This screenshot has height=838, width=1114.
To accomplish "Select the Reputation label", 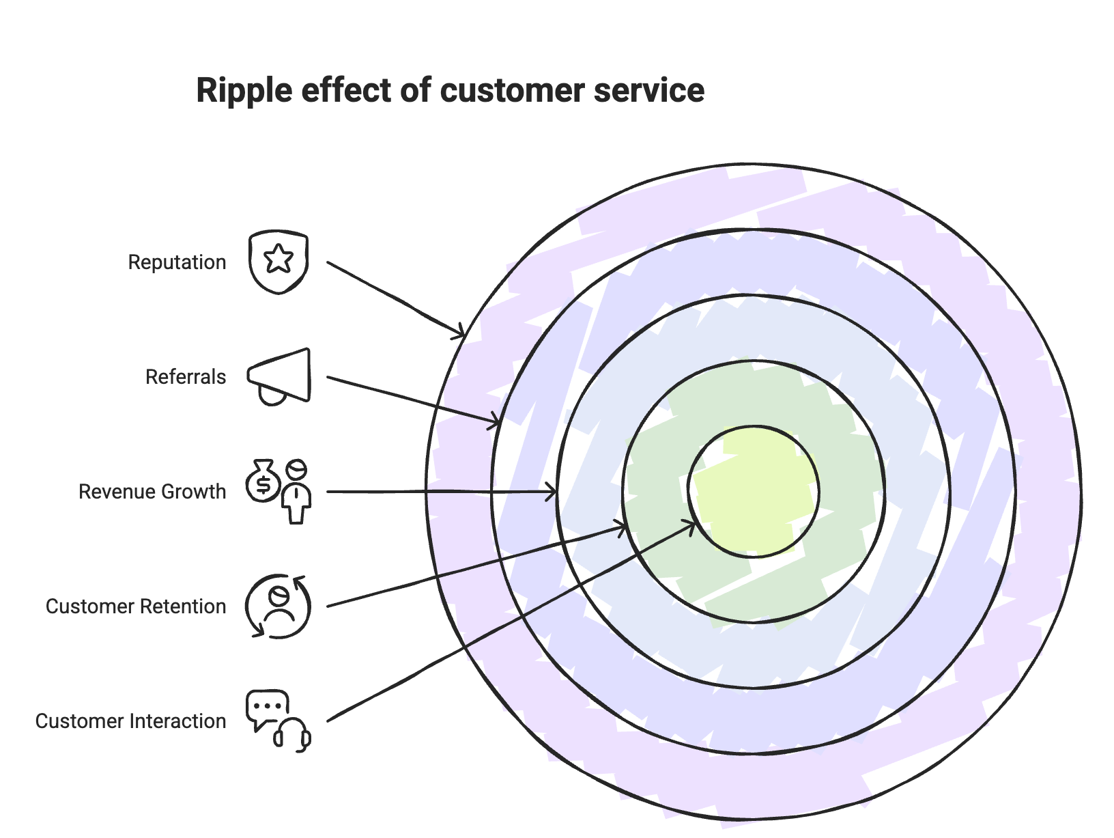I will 177,262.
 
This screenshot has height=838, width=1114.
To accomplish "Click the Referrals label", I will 186,377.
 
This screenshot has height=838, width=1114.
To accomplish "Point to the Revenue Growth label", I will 152,492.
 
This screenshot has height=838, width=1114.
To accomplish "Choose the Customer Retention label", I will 136,606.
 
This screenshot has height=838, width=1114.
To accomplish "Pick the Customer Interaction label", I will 130,721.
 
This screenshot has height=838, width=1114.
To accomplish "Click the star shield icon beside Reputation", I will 278,263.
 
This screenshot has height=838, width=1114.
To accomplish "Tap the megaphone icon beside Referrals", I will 279,376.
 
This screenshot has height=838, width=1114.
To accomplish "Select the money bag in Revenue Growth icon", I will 263,481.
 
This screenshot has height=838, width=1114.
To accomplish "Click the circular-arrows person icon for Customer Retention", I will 278,606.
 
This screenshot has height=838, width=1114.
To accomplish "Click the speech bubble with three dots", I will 267,707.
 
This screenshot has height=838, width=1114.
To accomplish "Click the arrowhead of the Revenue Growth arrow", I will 552,492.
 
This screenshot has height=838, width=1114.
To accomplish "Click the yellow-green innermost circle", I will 754,492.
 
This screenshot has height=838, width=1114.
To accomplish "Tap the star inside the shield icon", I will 278,260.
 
